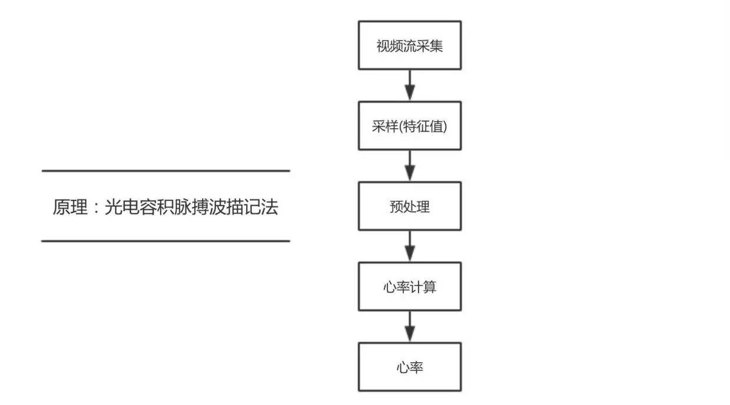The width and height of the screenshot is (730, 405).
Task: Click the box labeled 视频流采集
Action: pyautogui.click(x=410, y=45)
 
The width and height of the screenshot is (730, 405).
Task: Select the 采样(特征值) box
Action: pyautogui.click(x=410, y=126)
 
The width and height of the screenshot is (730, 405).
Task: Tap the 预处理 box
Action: pyautogui.click(x=410, y=206)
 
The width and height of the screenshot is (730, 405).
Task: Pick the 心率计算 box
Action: pyautogui.click(x=410, y=287)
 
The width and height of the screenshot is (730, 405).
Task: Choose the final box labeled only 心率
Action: pyautogui.click(x=410, y=367)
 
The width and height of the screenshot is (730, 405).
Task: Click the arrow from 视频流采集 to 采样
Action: pyautogui.click(x=410, y=85)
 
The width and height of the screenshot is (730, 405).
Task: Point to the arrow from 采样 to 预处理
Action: pyautogui.click(x=410, y=166)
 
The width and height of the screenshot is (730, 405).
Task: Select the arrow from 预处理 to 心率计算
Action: pyautogui.click(x=410, y=246)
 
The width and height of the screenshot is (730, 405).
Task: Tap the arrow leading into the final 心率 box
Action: pyautogui.click(x=410, y=327)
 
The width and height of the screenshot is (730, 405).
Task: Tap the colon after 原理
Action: pyautogui.click(x=96, y=208)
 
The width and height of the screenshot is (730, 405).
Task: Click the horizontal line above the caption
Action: pyautogui.click(x=165, y=171)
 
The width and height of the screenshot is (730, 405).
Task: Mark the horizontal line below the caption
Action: pyautogui.click(x=165, y=241)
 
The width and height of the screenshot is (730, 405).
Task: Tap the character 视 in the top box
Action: pyautogui.click(x=382, y=46)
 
